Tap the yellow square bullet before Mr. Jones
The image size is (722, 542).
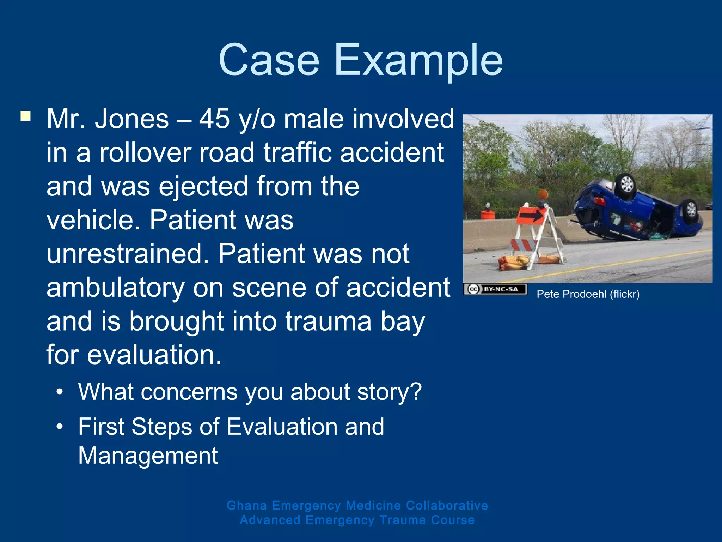(25, 116)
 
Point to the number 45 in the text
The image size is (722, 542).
(214, 119)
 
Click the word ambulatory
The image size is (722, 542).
(115, 288)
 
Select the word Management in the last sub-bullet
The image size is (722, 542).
(148, 456)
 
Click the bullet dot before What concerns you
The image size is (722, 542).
(60, 392)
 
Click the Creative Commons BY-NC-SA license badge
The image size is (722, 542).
(495, 289)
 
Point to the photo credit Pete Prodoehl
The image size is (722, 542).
(588, 294)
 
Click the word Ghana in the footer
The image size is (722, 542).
(246, 505)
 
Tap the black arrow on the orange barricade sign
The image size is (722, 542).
(531, 215)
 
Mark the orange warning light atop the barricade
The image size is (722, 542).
(543, 194)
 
